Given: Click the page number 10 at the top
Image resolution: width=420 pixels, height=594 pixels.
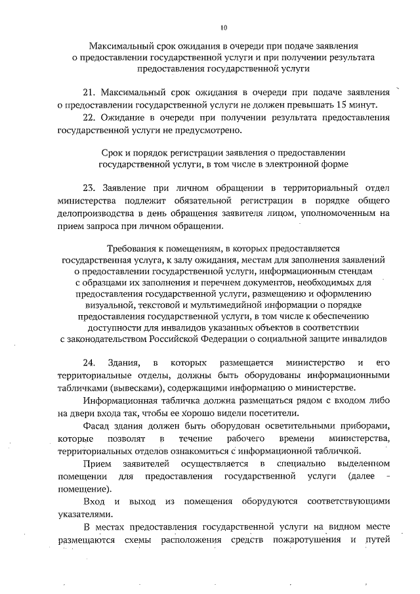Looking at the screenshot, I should click(223, 28).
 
